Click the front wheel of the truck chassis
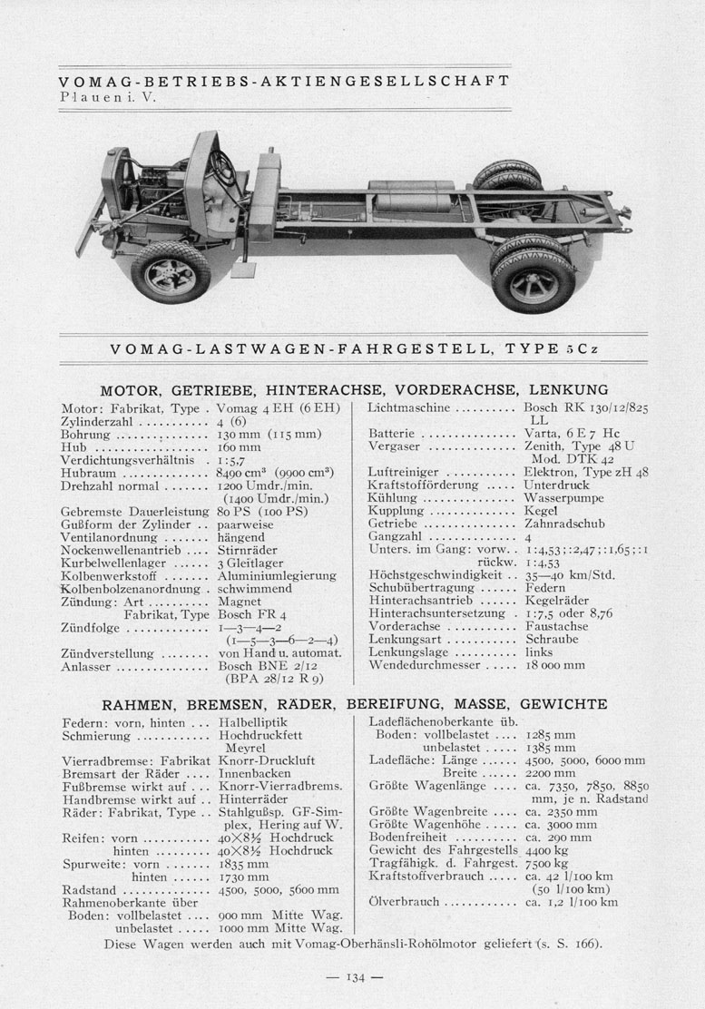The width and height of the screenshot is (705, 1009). point(171,270)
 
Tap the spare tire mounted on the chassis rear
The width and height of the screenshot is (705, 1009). point(507,176)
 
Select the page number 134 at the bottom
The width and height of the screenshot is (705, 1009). point(354,976)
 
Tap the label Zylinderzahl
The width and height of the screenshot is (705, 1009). point(93,421)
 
